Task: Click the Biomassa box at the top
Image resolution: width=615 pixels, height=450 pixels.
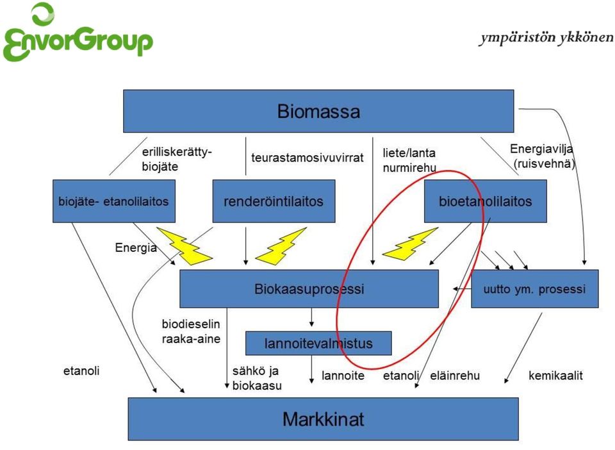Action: coord(318,111)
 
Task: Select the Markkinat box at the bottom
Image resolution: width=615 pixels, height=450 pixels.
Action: coord(323,419)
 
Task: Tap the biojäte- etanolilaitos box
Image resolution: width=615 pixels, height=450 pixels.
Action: coord(114,201)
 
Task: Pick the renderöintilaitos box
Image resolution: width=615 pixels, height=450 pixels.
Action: coord(274,201)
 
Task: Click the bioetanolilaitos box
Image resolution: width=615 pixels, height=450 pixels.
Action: coord(486,201)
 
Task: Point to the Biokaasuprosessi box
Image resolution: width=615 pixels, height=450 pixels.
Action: coord(309,288)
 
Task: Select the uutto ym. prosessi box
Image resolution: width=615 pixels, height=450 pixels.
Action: coord(534,288)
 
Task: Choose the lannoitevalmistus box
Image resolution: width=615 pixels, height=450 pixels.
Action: coord(318,344)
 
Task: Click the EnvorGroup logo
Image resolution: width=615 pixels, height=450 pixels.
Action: coord(77,33)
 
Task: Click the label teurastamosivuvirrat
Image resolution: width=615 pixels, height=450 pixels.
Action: coord(307,158)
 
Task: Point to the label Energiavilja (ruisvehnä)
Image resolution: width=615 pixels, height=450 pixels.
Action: coord(543,156)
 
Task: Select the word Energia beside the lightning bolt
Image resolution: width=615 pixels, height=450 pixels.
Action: coord(136,247)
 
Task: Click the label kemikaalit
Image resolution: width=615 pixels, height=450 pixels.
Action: coord(555,376)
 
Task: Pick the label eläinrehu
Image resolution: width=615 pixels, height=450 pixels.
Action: coord(455,376)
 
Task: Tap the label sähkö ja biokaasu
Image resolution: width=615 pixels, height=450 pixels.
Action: coord(257,378)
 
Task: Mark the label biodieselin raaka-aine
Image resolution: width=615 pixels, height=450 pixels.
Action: coord(191,331)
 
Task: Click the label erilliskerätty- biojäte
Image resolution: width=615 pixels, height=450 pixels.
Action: coord(177,159)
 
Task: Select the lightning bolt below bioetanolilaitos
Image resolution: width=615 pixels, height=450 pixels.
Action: coord(410,244)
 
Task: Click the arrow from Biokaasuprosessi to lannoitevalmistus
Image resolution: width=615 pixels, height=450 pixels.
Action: coord(312,317)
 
